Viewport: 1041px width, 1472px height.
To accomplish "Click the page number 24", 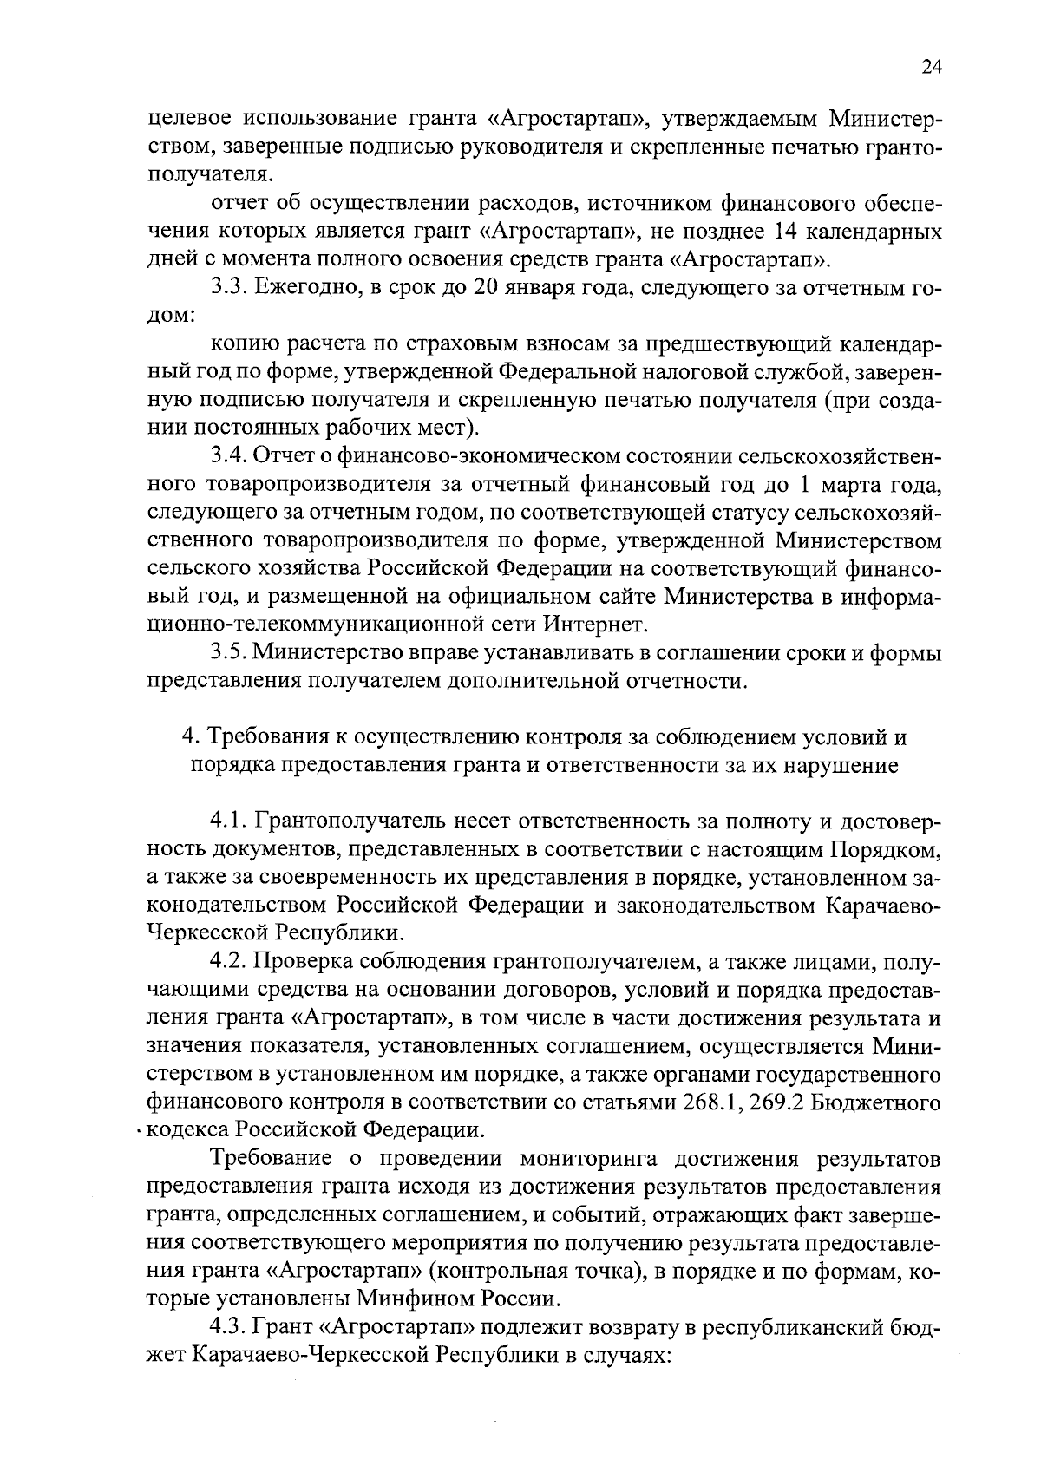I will (932, 69).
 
